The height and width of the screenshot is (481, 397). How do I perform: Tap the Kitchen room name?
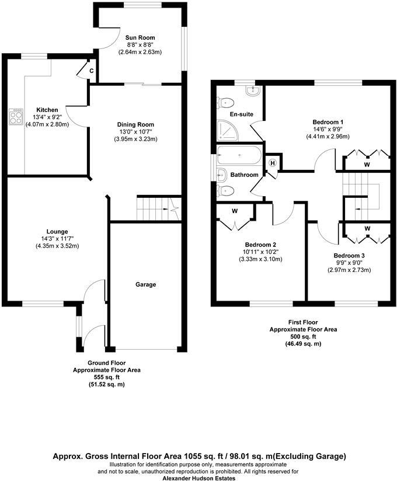pyautogui.click(x=47, y=110)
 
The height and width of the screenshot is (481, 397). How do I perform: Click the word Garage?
pyautogui.click(x=146, y=285)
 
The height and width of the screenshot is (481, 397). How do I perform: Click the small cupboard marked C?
pyautogui.click(x=91, y=71)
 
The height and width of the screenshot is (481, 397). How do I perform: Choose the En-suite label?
pyautogui.click(x=241, y=114)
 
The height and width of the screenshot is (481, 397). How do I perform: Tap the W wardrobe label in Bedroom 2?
pyautogui.click(x=234, y=211)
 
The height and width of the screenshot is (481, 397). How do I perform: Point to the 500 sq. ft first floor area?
pyautogui.click(x=304, y=337)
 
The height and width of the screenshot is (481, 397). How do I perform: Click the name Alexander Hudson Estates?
pyautogui.click(x=198, y=477)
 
